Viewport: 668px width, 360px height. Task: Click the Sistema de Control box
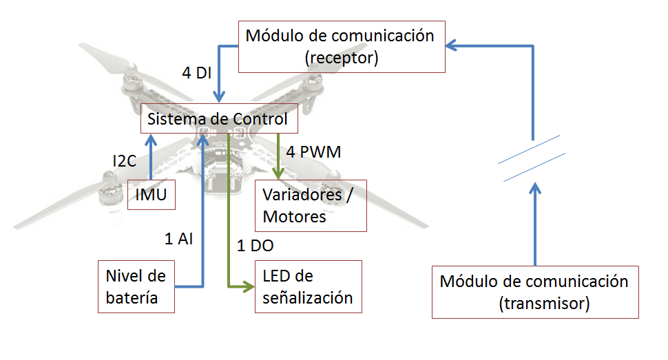pos(220,119)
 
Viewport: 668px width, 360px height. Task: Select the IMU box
pos(151,195)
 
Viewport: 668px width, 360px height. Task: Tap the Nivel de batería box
pos(136,287)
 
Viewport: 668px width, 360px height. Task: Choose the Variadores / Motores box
pos(311,205)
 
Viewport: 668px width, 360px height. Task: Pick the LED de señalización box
pos(308,286)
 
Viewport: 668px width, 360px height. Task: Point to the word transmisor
pos(543,304)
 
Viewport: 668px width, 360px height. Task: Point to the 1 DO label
pos(255,245)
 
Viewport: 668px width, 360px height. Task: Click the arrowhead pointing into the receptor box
pos(452,46)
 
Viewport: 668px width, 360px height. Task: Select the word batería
pos(132,298)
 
